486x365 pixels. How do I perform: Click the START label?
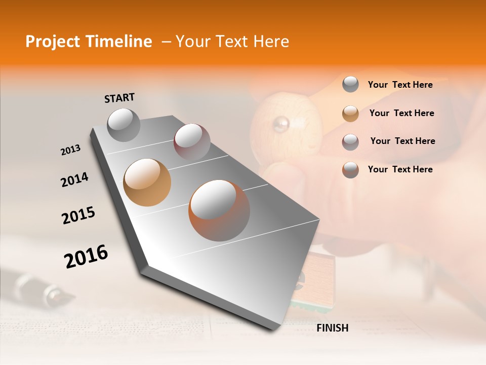(119, 98)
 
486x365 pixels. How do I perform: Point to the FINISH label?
(332, 328)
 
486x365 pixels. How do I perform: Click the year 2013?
(70, 150)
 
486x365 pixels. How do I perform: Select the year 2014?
(74, 179)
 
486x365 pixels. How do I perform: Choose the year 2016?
(86, 257)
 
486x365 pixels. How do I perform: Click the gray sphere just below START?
(124, 125)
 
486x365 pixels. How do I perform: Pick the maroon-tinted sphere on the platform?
(192, 141)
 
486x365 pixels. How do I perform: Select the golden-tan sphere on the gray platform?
(147, 182)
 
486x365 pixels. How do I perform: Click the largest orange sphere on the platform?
(219, 210)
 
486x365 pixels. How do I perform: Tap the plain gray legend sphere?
(350, 85)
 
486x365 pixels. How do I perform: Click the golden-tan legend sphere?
(350, 113)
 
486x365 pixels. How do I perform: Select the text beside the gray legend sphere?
(400, 85)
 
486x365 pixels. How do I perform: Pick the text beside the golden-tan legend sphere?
(401, 113)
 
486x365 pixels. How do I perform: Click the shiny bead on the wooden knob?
(280, 123)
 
